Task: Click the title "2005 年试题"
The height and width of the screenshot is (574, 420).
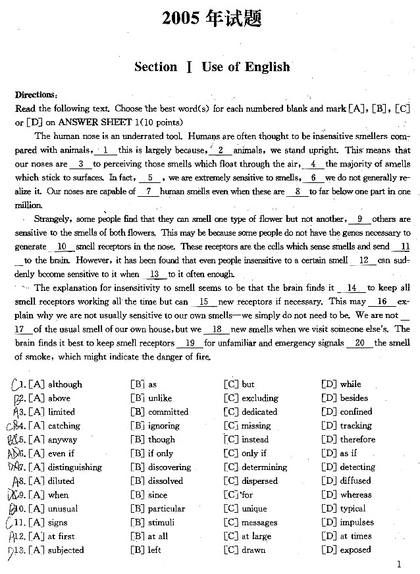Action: point(212,20)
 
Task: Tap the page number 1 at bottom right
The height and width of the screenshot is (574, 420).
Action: point(400,563)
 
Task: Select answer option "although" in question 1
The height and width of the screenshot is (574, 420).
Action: point(65,384)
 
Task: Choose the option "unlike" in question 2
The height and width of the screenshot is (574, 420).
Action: point(160,398)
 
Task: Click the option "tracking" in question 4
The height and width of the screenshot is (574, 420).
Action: point(355,426)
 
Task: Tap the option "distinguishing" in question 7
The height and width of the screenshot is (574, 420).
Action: point(75,467)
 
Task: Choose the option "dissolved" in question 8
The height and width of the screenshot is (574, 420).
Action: point(165,481)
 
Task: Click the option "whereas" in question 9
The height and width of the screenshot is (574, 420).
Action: point(355,495)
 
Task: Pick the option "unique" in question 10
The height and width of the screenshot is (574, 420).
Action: point(254,509)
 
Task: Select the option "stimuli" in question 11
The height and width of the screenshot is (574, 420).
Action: point(162,523)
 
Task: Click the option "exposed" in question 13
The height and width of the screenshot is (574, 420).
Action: point(356,550)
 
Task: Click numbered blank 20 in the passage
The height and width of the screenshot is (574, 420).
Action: point(359,343)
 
